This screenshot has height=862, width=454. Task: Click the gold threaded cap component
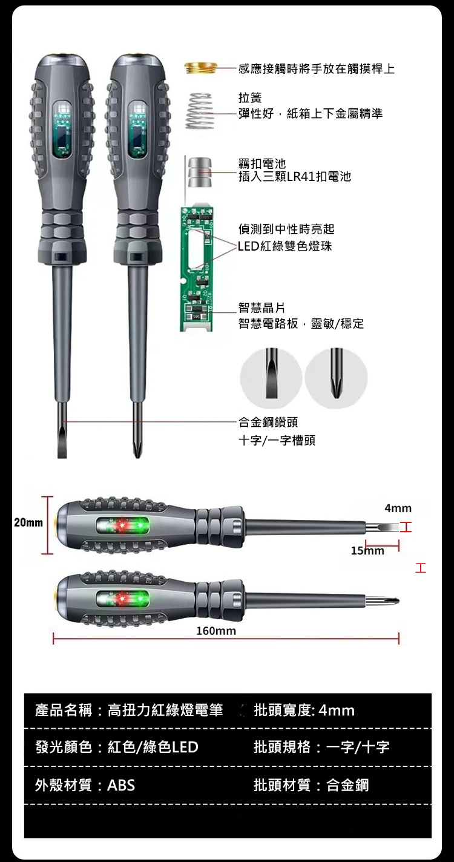200,68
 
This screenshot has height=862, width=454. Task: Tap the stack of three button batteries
200,172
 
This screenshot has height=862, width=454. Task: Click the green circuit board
197,269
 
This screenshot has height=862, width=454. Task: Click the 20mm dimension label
28,522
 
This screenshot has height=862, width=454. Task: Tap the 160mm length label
216,631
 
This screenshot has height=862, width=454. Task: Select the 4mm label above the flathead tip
398,508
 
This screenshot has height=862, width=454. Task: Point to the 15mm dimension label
367,551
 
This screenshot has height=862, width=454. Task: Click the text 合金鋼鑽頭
268,422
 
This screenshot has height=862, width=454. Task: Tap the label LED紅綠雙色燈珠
285,246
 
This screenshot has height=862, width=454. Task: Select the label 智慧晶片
262,308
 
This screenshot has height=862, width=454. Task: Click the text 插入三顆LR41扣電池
295,177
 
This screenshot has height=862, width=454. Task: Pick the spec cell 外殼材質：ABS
85,785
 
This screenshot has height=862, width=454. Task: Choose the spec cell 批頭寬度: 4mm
304,711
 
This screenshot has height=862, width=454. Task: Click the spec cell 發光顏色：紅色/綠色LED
117,748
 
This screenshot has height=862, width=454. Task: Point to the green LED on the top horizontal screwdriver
140,524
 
